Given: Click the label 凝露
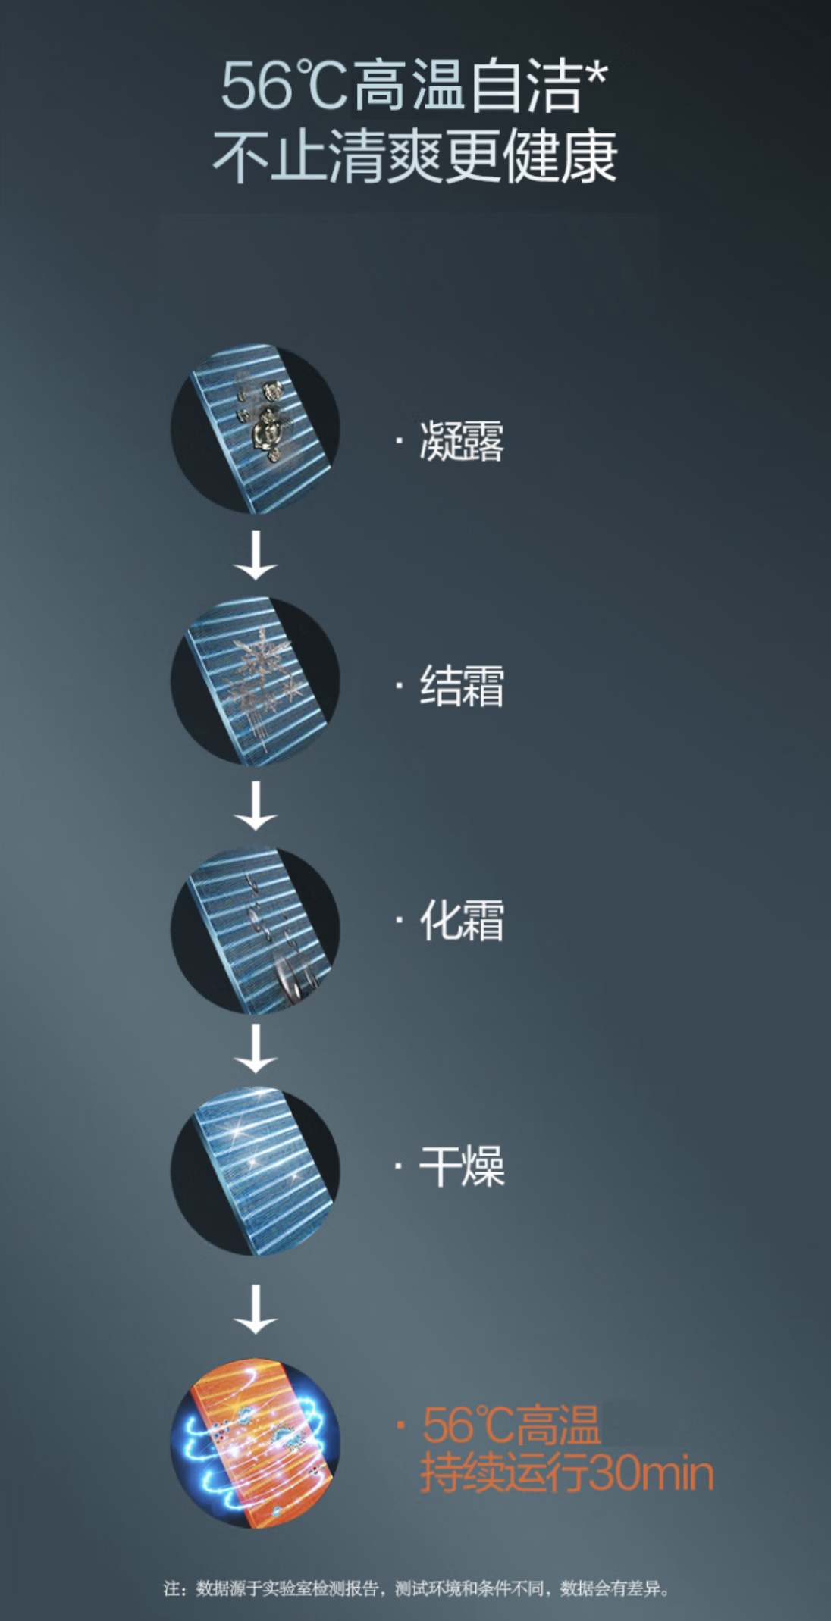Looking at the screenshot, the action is (x=462, y=441).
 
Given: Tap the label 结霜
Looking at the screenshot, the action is (x=462, y=686).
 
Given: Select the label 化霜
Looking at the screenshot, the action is (x=462, y=922).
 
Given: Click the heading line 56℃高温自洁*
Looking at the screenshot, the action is (x=415, y=87).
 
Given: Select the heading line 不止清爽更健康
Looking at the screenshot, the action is (x=415, y=157).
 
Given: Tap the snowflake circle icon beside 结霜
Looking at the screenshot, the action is (x=256, y=680).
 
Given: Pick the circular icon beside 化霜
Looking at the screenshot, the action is (x=256, y=928).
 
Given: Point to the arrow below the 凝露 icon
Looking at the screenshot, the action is (x=256, y=555).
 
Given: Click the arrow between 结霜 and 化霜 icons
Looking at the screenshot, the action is (x=256, y=805).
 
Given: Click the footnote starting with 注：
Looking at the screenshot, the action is (x=416, y=1588).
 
